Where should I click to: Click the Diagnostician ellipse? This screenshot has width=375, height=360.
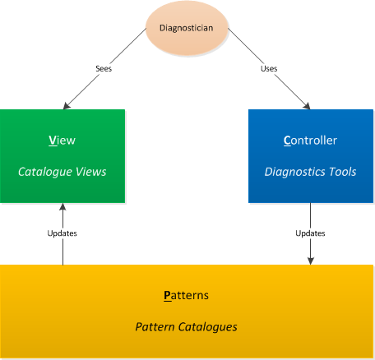click(x=187, y=28)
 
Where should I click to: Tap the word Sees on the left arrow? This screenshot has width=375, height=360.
click(x=104, y=68)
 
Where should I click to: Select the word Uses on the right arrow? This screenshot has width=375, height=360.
click(x=269, y=68)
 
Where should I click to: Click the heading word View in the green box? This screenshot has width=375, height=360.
click(x=62, y=141)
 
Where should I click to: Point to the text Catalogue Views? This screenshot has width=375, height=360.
click(x=62, y=172)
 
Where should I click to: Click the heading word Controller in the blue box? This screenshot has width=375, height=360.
click(x=310, y=141)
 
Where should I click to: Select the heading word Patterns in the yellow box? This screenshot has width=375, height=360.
click(x=187, y=295)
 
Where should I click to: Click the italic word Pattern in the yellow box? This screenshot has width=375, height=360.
click(x=155, y=327)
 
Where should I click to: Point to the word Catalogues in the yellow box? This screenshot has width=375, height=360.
click(x=208, y=327)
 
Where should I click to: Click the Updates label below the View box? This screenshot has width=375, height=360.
click(x=62, y=233)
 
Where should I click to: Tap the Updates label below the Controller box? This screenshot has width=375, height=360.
click(x=310, y=233)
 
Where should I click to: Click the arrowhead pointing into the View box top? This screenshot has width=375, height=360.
click(x=67, y=106)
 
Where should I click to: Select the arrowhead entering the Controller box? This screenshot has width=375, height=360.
click(x=307, y=106)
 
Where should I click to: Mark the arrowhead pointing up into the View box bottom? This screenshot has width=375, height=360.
click(x=62, y=207)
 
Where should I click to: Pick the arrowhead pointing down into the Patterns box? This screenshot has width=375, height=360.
click(x=310, y=261)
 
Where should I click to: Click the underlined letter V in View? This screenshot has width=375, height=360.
click(x=53, y=141)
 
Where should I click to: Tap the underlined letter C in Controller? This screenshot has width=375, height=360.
click(x=287, y=141)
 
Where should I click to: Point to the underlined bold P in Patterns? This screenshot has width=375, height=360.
click(x=168, y=296)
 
